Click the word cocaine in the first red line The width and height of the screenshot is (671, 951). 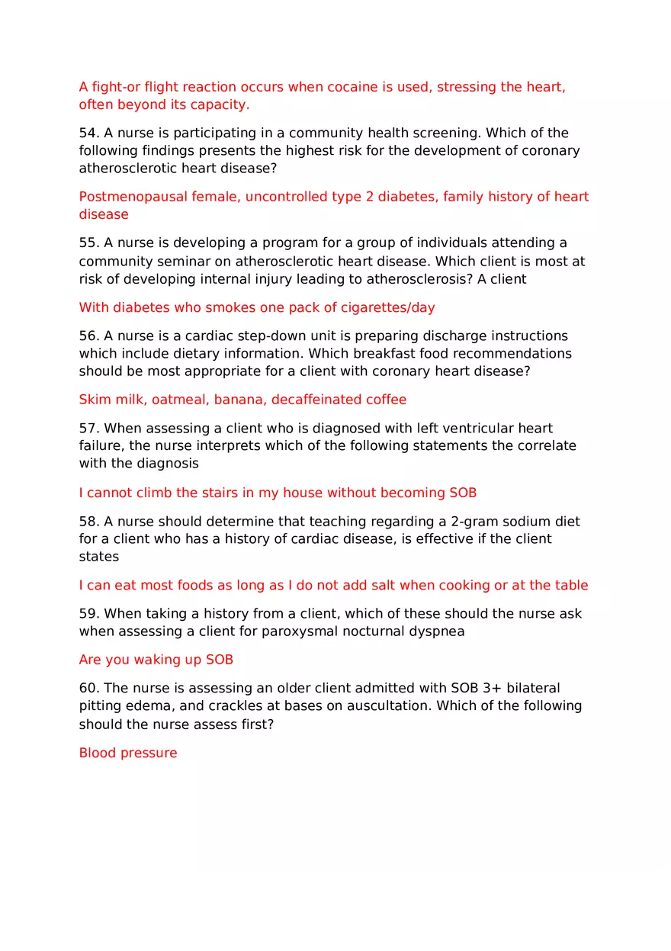coord(352,87)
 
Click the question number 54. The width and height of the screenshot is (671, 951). coord(88,133)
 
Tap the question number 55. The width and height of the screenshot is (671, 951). coord(88,243)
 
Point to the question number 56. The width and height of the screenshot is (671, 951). coord(88,336)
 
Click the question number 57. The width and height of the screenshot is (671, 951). coord(88,429)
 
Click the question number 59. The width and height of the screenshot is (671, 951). coord(88,614)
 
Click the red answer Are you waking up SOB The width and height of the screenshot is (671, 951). coord(156,660)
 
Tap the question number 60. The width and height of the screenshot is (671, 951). coord(88,689)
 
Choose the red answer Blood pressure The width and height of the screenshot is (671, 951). coord(127,753)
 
